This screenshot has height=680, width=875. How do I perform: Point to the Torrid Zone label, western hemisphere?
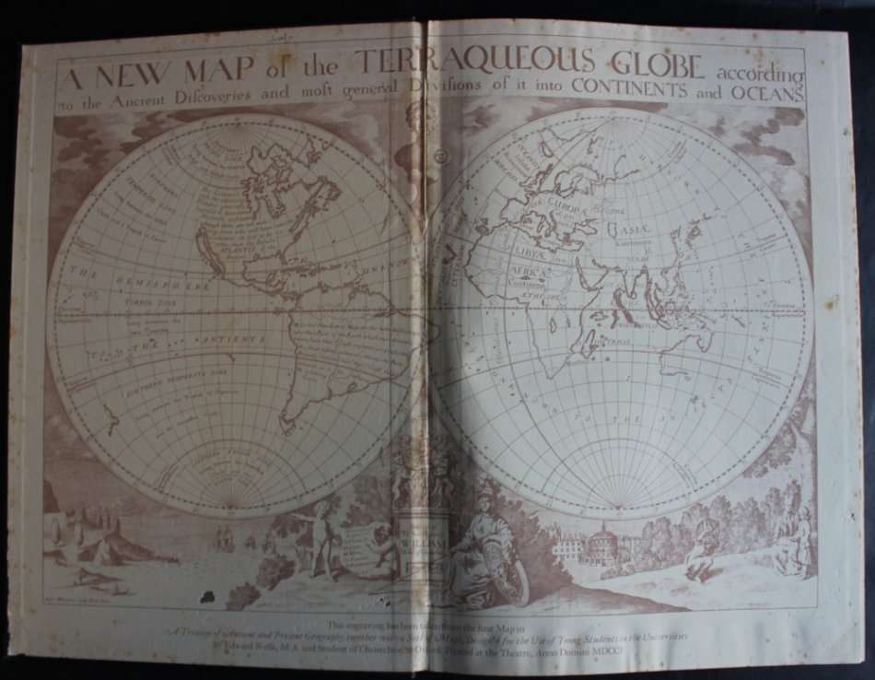point(152,299)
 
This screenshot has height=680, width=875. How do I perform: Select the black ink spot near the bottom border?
point(208,597)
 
